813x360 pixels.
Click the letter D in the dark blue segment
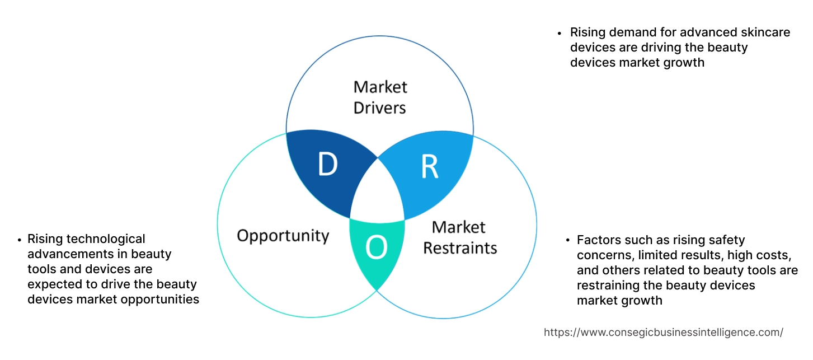click(x=327, y=165)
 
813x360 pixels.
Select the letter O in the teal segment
click(x=377, y=248)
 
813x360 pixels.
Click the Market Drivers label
click(x=380, y=97)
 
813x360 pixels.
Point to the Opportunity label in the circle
click(x=283, y=235)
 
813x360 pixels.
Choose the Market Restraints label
click(x=459, y=237)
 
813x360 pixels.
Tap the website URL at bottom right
click(x=663, y=332)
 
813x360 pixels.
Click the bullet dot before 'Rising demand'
click(x=560, y=33)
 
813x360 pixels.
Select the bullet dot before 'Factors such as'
click(x=567, y=241)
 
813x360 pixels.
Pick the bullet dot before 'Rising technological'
click(x=20, y=240)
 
